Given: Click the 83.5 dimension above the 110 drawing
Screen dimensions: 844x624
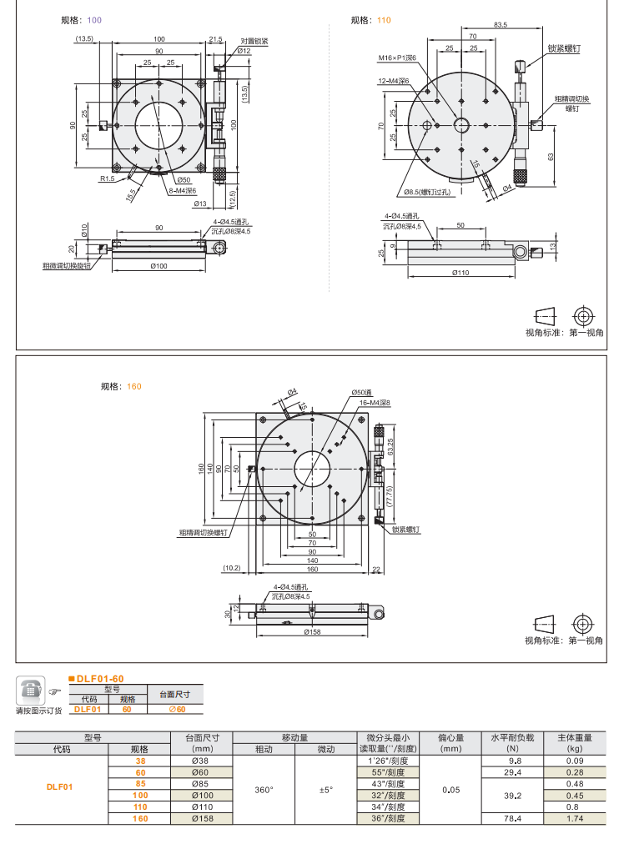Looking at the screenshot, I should (x=500, y=25).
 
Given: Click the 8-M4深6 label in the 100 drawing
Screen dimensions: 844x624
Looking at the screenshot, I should (x=182, y=189).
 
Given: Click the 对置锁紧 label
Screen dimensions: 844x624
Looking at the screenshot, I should (x=254, y=40).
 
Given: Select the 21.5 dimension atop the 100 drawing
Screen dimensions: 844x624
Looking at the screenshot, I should (x=215, y=39).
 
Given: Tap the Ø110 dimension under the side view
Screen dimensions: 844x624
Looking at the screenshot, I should (x=460, y=273).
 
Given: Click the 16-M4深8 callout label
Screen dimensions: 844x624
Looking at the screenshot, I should (x=375, y=402).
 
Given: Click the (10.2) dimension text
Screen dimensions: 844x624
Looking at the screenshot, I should (x=232, y=569).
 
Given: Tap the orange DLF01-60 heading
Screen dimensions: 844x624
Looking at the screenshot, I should (x=99, y=679).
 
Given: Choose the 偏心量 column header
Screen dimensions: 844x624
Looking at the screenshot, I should (x=451, y=737).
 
